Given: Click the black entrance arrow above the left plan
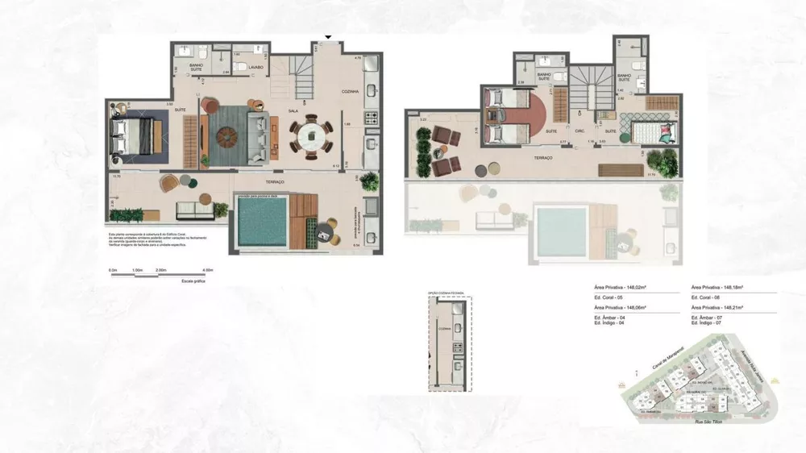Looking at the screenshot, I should tap(327, 36).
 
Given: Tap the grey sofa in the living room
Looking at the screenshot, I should tap(259, 133).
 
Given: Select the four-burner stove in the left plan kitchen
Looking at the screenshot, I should tap(372, 117).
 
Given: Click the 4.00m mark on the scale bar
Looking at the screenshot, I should tap(208, 270).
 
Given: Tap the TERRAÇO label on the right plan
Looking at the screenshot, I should tap(542, 158).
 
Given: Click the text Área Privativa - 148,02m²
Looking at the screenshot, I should tap(623, 287).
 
